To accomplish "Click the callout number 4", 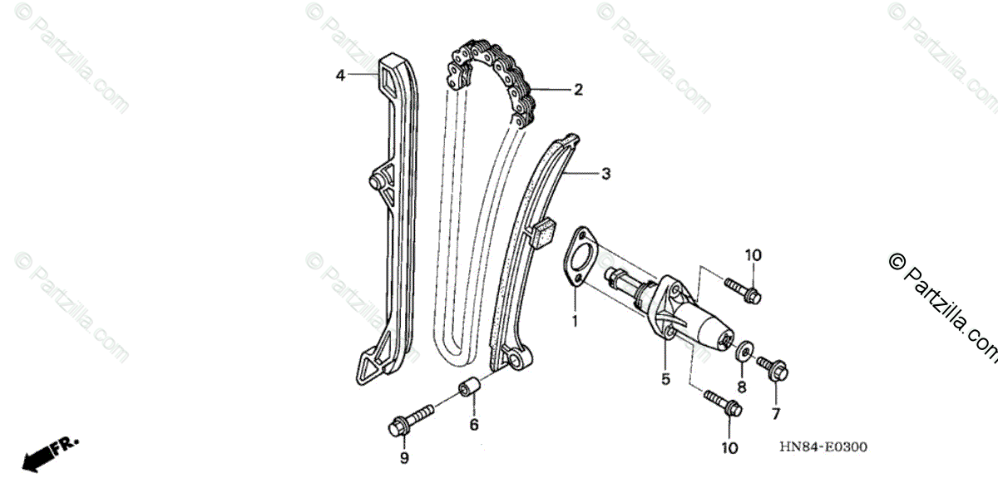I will [340, 76].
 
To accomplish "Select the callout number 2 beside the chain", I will [578, 90].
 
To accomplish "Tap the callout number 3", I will [606, 174].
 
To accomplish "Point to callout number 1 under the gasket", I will [574, 320].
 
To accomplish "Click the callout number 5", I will [665, 380].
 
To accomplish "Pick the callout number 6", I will [474, 424].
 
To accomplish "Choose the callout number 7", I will [776, 413].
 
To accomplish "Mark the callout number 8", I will [742, 387].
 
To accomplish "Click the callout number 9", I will [404, 458].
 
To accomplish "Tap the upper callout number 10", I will [753, 255].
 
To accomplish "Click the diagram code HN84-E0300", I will [823, 447].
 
